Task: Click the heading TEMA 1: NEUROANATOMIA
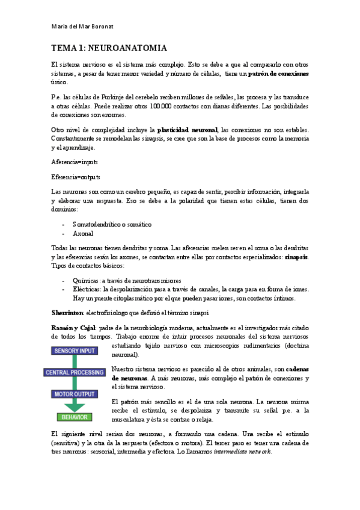[108, 48]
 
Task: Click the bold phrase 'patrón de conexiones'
[278, 74]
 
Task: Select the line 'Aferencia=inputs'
[74, 162]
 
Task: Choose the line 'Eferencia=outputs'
[76, 177]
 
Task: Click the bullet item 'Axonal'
[84, 233]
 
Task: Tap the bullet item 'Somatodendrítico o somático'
[112, 224]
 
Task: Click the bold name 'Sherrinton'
[67, 312]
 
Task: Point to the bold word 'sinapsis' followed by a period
[296, 257]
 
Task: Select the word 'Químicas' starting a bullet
[85, 280]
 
